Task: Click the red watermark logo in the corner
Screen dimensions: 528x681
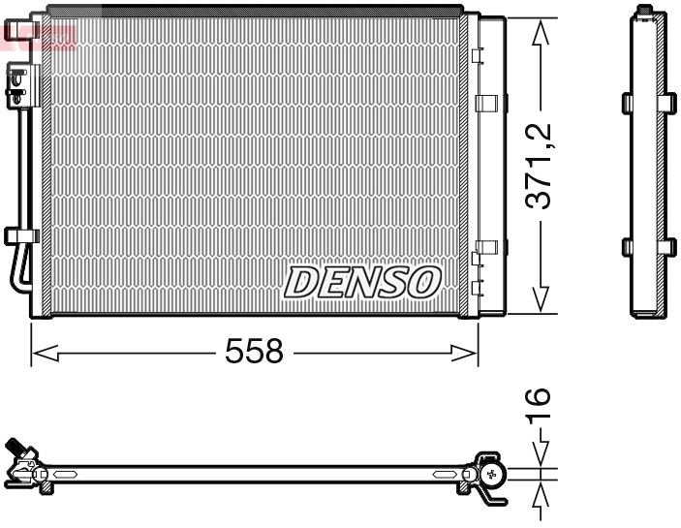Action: (x=39, y=36)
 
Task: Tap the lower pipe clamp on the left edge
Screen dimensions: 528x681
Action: (x=19, y=235)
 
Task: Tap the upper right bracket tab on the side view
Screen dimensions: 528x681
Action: (x=670, y=102)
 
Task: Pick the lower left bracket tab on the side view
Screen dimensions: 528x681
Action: (x=627, y=246)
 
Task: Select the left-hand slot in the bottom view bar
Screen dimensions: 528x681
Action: (x=65, y=474)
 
